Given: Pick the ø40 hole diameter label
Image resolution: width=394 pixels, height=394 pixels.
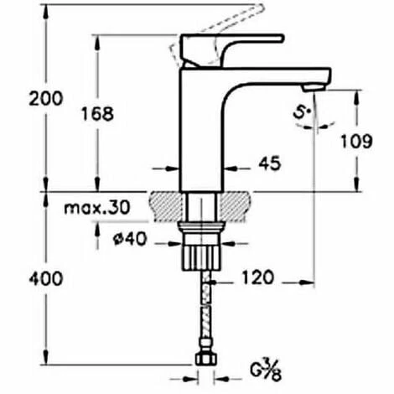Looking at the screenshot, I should (131, 238).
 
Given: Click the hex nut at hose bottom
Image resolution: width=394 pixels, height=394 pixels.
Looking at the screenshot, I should (205, 360).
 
